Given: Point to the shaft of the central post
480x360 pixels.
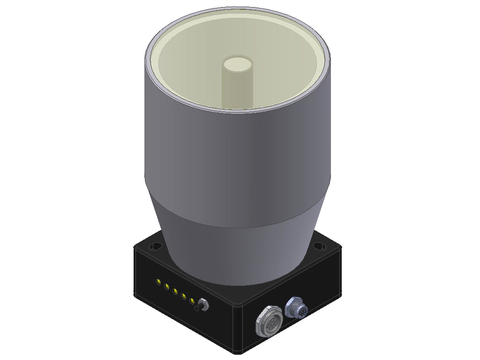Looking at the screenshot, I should (x=237, y=87).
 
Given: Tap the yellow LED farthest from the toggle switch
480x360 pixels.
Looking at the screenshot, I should (x=158, y=282).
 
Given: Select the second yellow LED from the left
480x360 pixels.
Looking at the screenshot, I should (x=167, y=286).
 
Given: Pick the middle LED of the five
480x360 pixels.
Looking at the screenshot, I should (x=175, y=292).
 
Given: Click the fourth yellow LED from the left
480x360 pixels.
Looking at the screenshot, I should (x=184, y=296).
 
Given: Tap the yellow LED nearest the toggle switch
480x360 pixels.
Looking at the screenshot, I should (x=192, y=301).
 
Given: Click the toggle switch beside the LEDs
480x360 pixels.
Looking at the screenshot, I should (x=203, y=305).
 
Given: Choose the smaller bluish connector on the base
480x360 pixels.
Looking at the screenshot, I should (x=297, y=307).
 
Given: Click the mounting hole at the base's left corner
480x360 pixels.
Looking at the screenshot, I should (x=155, y=246).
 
